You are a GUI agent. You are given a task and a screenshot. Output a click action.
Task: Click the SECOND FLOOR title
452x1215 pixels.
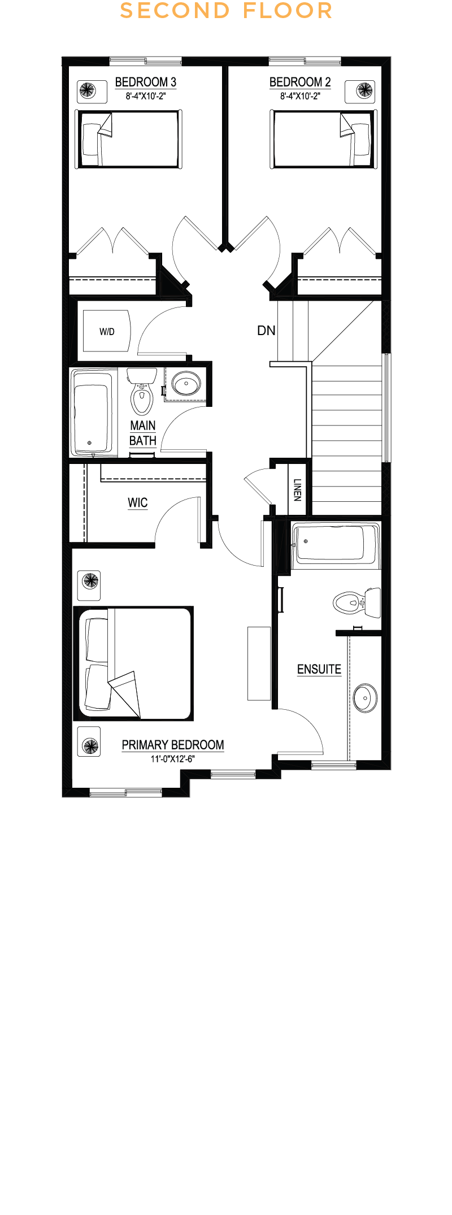226,11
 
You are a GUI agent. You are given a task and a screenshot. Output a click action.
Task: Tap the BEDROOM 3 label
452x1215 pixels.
146,82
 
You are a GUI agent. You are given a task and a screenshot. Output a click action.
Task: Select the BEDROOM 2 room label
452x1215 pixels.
300,82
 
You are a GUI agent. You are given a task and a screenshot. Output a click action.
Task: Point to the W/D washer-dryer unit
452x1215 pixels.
107,331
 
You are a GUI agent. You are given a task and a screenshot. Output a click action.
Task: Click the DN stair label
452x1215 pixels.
266,331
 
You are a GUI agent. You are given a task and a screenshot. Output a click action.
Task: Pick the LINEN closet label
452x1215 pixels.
297,490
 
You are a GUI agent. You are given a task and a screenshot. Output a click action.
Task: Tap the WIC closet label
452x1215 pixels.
138,502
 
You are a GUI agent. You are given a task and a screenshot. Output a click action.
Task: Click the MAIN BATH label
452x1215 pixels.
143,433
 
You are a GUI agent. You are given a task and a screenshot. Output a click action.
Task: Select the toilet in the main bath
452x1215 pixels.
142,391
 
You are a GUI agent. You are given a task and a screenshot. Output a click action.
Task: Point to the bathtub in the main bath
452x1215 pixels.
93,413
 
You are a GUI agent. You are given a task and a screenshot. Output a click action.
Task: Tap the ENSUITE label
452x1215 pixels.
319,669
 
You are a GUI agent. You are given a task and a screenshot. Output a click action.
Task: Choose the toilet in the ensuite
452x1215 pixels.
357,602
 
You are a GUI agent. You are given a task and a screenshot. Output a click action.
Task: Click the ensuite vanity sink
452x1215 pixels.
365,698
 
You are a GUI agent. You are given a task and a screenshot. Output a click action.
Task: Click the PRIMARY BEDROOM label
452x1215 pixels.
173,745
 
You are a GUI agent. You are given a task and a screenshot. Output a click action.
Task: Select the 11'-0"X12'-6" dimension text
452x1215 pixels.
172,759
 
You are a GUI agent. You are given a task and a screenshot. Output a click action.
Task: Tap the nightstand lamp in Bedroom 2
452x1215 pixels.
364,90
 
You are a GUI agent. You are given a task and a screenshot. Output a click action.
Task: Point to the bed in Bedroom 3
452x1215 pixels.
128,139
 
